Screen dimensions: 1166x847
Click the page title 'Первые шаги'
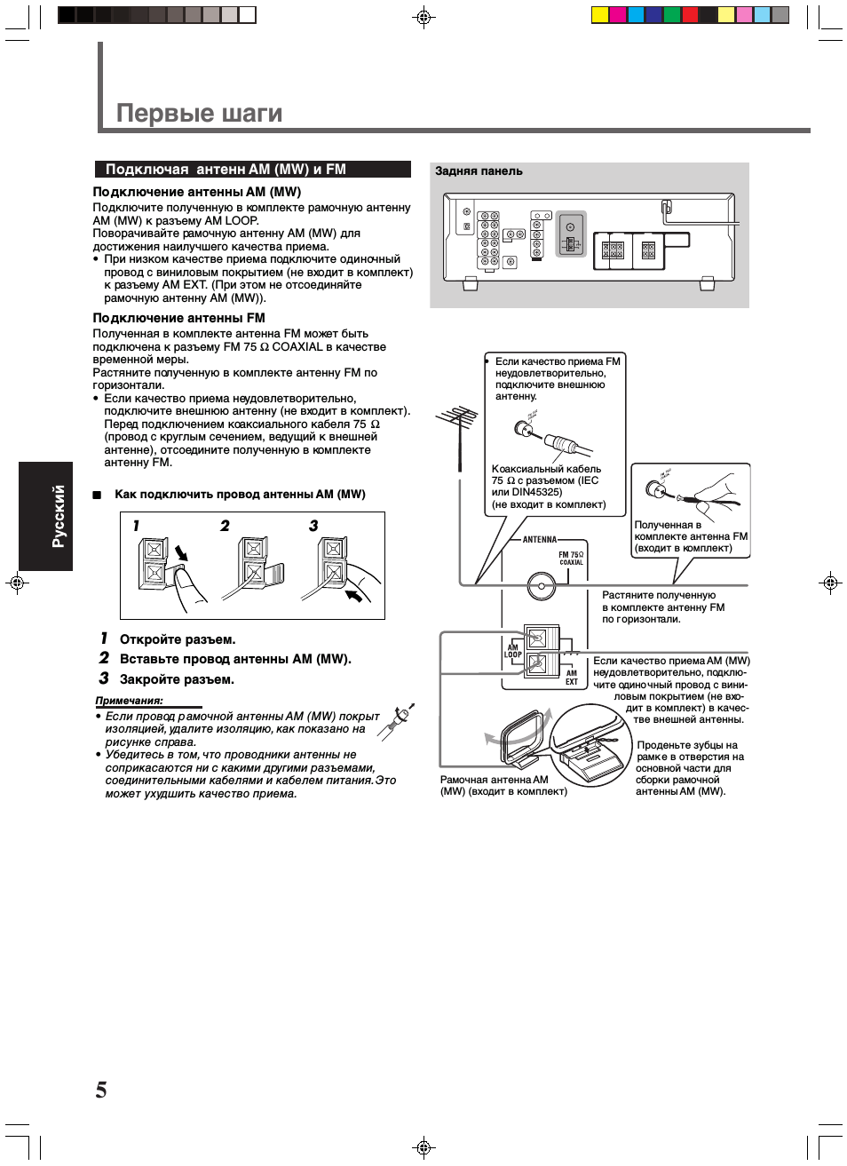(199, 114)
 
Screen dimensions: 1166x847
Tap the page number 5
(101, 1090)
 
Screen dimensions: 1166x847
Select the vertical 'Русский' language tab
(59, 516)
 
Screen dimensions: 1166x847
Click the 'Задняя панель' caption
(479, 171)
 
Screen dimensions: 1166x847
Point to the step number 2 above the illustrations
(225, 526)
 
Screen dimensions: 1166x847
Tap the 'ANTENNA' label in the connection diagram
(540, 539)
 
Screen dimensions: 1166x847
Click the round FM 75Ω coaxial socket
(541, 586)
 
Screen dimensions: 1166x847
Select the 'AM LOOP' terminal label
(513, 651)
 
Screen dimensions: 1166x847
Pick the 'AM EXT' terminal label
(572, 678)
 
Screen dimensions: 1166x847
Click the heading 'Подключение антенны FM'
(178, 318)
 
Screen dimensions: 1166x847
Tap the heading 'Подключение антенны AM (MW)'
(197, 192)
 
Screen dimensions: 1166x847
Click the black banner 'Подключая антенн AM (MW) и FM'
(252, 169)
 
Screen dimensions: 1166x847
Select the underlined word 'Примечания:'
(129, 701)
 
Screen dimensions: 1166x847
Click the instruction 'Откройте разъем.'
(178, 639)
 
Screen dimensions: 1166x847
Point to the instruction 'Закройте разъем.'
(177, 679)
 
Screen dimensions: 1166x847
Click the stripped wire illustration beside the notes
(396, 721)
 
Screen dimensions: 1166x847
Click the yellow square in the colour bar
(599, 14)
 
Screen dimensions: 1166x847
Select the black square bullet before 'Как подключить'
(97, 495)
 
